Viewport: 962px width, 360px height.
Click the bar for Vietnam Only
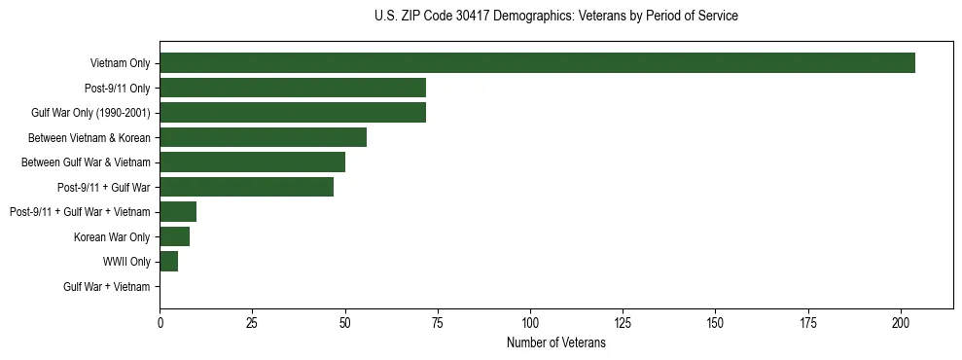coord(537,63)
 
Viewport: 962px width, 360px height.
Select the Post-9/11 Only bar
coord(293,89)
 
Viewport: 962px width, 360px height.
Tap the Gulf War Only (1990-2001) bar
coord(293,113)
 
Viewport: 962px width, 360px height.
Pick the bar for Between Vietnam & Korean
coord(263,137)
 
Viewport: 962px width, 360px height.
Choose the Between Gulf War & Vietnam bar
coord(252,162)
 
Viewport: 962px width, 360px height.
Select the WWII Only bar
coord(168,261)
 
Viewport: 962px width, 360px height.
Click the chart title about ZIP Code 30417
coord(555,17)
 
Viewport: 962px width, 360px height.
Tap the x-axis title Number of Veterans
coord(555,343)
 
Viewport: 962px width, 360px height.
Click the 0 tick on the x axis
coord(160,322)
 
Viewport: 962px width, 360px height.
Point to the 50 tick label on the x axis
coord(345,322)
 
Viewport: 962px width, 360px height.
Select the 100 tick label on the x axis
coord(530,322)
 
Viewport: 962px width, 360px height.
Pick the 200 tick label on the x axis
coord(901,322)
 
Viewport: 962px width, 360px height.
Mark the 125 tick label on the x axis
coord(623,322)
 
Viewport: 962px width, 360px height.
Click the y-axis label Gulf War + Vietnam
coord(106,286)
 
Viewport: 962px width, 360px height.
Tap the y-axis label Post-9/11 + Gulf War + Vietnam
coord(80,212)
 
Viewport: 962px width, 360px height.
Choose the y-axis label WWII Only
coord(126,262)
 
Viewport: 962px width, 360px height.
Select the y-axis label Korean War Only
coord(112,237)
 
